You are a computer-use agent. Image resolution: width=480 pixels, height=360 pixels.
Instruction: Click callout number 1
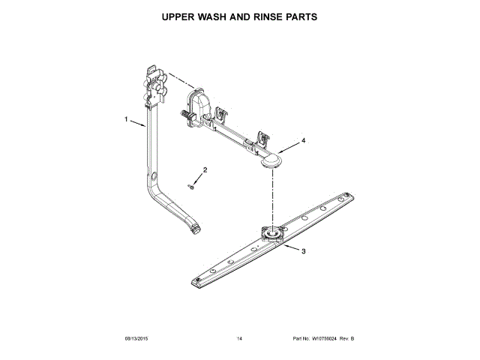click(x=127, y=118)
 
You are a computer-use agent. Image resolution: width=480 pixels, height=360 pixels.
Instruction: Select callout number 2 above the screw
click(x=205, y=169)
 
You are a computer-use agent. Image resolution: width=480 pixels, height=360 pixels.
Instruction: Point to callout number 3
click(x=302, y=251)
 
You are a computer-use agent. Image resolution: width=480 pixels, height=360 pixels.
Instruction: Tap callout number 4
click(x=303, y=140)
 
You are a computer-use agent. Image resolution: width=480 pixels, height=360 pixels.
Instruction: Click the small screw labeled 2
click(x=192, y=187)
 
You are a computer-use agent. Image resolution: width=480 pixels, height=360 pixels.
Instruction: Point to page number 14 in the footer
click(x=239, y=339)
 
